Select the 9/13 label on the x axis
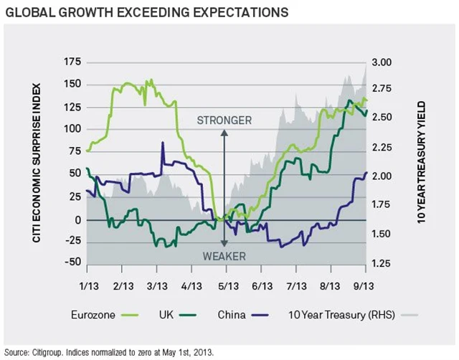[x=366, y=285]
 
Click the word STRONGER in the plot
[x=224, y=120]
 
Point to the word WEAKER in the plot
[x=224, y=256]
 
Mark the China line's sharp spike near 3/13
[x=163, y=143]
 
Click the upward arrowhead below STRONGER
[x=224, y=133]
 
